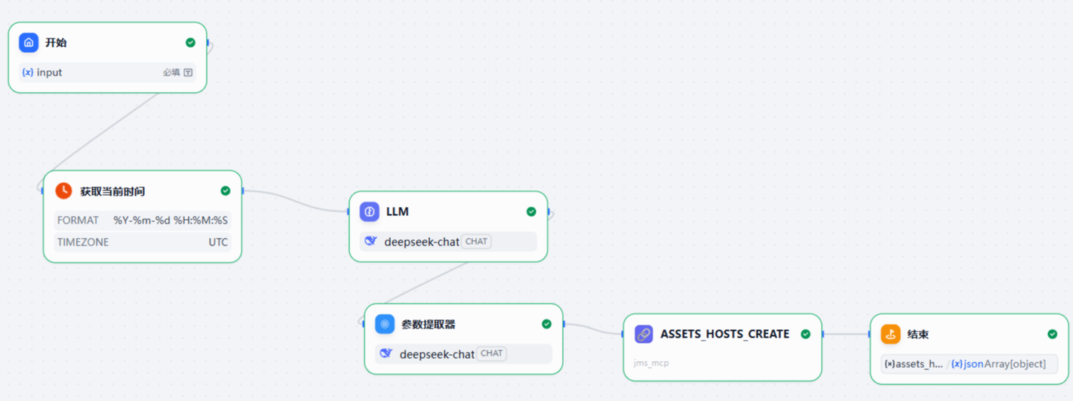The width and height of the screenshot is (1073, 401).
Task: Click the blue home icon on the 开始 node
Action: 29,43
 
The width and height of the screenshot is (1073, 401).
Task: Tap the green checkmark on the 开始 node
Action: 190,43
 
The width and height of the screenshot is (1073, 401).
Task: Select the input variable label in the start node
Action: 49,72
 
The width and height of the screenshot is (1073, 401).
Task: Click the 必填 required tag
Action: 171,72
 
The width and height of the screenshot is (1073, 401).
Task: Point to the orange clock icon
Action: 63,191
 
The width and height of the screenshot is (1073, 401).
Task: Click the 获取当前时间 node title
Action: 112,191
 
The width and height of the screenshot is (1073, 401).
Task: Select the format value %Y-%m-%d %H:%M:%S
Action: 171,221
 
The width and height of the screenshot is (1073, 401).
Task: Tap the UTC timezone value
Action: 218,242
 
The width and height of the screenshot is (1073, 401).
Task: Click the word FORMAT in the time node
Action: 78,221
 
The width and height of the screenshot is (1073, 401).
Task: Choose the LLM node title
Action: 397,211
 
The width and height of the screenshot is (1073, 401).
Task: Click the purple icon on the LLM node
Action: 369,211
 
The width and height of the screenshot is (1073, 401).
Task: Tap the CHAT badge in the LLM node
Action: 476,241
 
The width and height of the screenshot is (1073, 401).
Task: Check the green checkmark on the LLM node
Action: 531,211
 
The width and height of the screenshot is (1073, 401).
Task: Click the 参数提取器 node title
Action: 429,324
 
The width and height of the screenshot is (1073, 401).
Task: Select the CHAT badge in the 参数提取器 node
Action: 491,353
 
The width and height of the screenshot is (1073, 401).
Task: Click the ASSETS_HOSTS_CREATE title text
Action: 724,334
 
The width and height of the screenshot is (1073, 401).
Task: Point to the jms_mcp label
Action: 651,363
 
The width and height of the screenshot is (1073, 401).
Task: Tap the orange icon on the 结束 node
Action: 890,334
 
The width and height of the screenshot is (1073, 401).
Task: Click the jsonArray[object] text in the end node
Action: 1004,363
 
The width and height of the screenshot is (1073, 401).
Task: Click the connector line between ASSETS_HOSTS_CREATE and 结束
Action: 846,334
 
